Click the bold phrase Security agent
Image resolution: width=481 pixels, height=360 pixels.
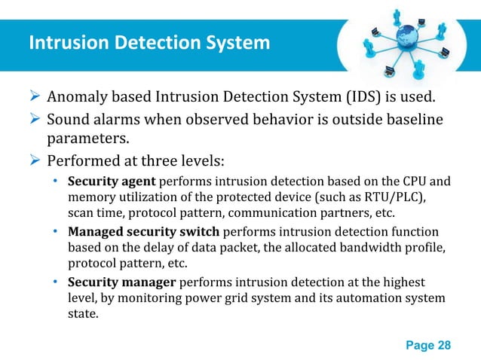tap(111, 182)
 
